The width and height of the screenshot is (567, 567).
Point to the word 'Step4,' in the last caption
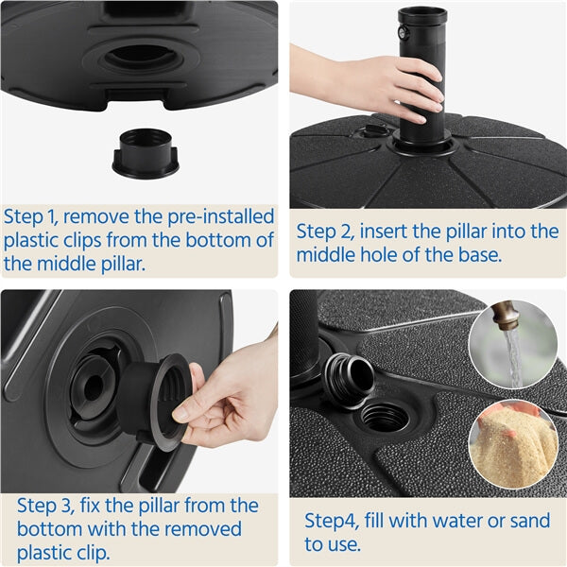334,521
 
